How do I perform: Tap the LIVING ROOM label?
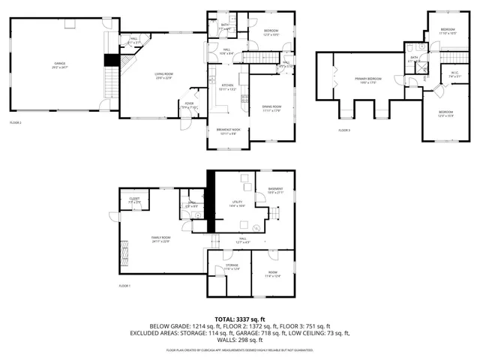point(164,74)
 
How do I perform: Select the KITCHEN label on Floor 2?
point(227,86)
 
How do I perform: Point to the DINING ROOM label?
point(271,107)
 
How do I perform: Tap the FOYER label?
point(190,104)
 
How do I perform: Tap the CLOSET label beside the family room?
point(134,199)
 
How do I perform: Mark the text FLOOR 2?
point(16,122)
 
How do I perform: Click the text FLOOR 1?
point(124,286)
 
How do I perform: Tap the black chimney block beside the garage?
point(112,61)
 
